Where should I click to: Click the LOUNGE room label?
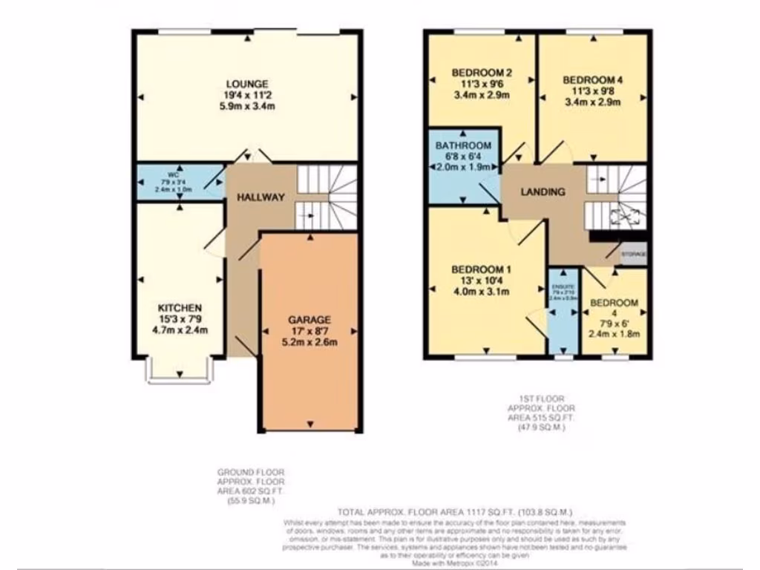pyautogui.click(x=247, y=84)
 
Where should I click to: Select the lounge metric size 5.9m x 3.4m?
pyautogui.click(x=247, y=106)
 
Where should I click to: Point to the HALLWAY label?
pyautogui.click(x=261, y=197)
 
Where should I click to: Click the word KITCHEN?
pyautogui.click(x=180, y=308)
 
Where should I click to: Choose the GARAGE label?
pyautogui.click(x=309, y=320)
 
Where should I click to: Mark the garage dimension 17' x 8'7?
pyautogui.click(x=309, y=331)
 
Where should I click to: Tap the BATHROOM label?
pyautogui.click(x=463, y=145)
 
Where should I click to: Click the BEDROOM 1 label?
pyautogui.click(x=482, y=269)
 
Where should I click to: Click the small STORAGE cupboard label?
pyautogui.click(x=634, y=255)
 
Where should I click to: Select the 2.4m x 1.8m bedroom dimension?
pyautogui.click(x=614, y=334)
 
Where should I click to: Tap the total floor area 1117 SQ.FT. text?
pyautogui.click(x=456, y=512)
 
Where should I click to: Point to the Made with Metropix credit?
pyautogui.click(x=456, y=565)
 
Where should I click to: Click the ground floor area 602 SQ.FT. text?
pyautogui.click(x=250, y=492)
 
